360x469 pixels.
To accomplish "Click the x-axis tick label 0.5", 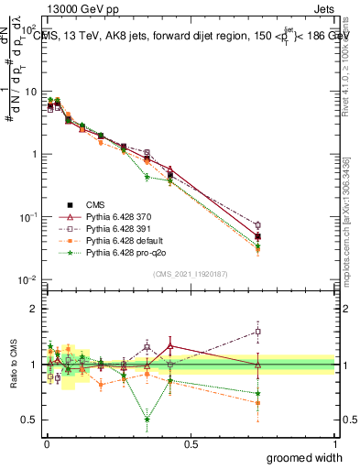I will pyautogui.click(x=191, y=442).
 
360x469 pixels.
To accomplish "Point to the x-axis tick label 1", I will pyautogui.click(x=335, y=442).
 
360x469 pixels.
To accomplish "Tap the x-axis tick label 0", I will pyautogui.click(x=47, y=442).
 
